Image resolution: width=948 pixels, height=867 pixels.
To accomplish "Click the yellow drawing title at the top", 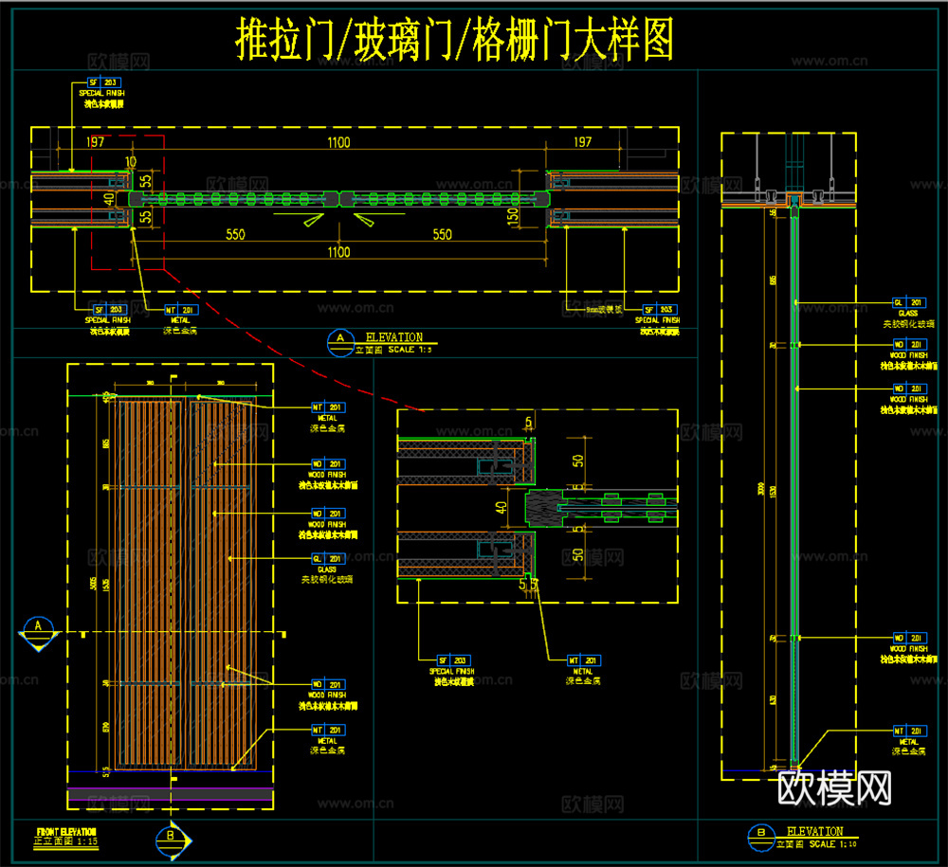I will point(454,42).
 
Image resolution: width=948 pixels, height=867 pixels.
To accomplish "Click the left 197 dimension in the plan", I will point(95,142).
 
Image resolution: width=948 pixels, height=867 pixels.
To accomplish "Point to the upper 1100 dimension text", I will point(338,142).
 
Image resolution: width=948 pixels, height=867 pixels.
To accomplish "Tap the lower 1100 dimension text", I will point(338,252).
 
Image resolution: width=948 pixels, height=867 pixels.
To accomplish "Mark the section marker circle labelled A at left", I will point(39,627).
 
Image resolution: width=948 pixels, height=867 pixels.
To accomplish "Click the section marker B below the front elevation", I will point(170,837).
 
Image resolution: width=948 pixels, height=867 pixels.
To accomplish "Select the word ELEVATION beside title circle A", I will point(394,337).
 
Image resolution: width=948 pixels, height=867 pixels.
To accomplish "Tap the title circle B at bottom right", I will point(760,835).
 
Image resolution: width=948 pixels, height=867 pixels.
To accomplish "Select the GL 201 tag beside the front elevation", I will point(326,559).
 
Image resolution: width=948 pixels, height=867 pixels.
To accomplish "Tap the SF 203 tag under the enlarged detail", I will point(453,659).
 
